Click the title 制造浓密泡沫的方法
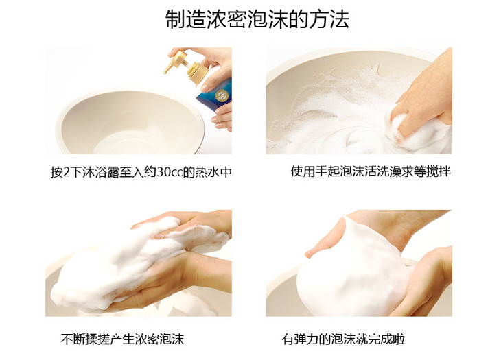257,19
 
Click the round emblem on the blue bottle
221,95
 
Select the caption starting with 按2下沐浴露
141,172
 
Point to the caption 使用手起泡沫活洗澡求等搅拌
371,171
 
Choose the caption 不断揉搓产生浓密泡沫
122,339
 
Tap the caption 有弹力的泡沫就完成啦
343,339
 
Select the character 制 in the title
175,19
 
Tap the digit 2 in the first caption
66,172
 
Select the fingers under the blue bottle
222,118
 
